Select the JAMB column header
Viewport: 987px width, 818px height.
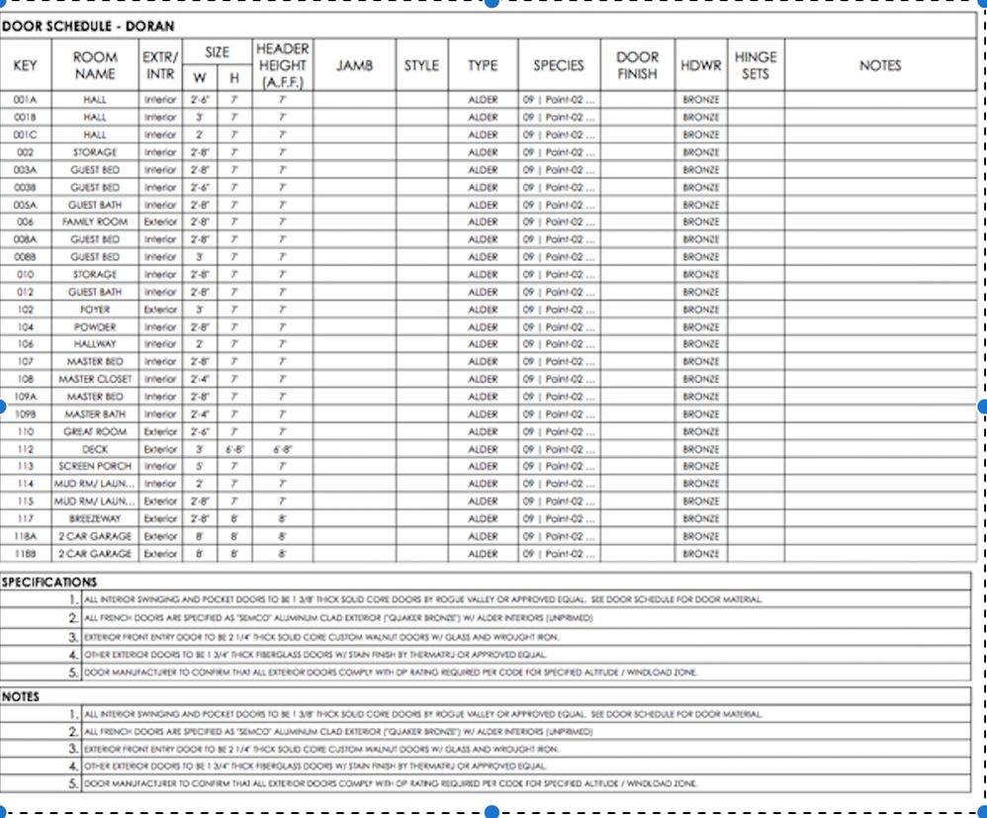tap(354, 66)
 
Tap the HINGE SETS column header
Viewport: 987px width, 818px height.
tap(756, 65)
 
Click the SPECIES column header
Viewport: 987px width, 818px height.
tap(559, 66)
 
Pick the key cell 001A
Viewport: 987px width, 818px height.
tap(26, 100)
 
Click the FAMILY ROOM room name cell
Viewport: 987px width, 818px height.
tap(95, 223)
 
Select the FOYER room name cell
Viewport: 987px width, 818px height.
tap(95, 310)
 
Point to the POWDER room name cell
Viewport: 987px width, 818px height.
tap(95, 327)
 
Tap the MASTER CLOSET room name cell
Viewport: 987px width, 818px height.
tap(95, 380)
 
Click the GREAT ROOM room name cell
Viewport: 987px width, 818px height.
tap(95, 432)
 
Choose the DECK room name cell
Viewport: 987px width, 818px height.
tap(95, 449)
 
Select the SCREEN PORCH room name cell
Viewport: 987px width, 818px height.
tap(95, 467)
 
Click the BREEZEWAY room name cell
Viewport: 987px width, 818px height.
tap(95, 519)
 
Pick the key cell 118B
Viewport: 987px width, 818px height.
tap(26, 554)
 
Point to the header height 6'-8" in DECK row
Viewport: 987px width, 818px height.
tap(283, 449)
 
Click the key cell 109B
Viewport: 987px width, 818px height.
tap(26, 414)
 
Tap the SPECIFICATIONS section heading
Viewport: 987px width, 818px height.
tap(49, 583)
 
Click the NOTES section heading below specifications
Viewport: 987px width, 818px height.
tap(21, 696)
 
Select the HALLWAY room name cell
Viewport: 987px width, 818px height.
tap(95, 344)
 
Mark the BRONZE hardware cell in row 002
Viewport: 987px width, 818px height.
tap(701, 152)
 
